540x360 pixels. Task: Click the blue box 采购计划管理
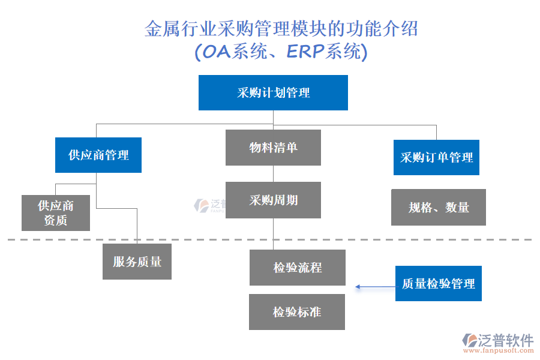[273, 92]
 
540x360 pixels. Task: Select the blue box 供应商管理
[98, 155]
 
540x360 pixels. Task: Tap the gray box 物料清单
[273, 148]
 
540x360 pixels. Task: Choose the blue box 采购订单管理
[436, 157]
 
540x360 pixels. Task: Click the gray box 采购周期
[273, 200]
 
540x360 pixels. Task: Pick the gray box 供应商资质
[56, 213]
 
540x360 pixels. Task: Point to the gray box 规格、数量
[438, 208]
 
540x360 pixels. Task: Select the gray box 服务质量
[137, 262]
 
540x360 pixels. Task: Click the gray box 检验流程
[297, 268]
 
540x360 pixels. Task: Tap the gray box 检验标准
[297, 312]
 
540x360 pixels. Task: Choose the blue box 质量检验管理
[438, 283]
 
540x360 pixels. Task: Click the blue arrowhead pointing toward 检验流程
[358, 287]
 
